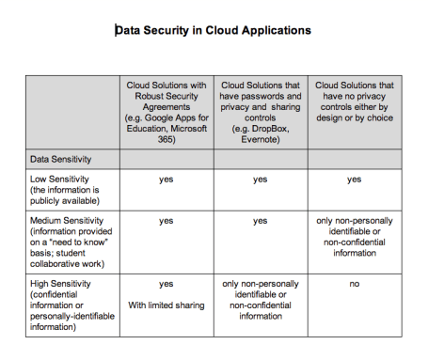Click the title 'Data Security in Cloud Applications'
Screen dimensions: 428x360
(212, 30)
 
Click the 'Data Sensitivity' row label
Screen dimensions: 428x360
(62, 159)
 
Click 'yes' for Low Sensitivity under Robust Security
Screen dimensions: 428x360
(166, 179)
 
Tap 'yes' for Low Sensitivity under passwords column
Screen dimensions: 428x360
(260, 179)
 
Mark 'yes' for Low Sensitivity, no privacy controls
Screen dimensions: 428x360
(354, 179)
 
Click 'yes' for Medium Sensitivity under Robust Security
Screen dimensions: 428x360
(166, 221)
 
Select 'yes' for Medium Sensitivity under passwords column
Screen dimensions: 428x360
(260, 221)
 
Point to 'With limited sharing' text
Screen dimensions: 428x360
(166, 304)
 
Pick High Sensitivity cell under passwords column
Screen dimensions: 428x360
(260, 299)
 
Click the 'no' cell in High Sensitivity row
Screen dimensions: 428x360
(354, 283)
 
